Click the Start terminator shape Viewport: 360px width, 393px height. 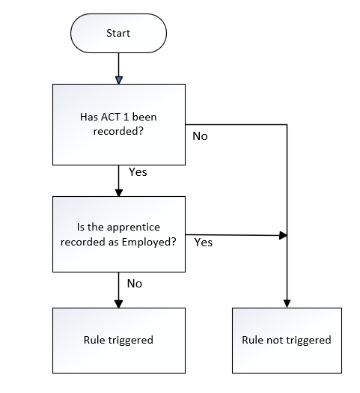(118, 33)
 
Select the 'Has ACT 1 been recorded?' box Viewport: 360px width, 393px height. (119, 124)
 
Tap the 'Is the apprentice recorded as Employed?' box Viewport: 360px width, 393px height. (119, 234)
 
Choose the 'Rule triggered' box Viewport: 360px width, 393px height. (119, 341)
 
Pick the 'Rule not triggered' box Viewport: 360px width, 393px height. (287, 341)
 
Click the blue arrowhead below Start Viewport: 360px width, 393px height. (119, 80)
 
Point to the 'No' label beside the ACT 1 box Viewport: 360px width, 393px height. (200, 136)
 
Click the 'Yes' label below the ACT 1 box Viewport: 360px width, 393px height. (138, 172)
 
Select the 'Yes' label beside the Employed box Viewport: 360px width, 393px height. (204, 243)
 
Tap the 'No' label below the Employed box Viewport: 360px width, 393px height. (135, 284)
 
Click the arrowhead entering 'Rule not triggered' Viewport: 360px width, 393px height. (287, 304)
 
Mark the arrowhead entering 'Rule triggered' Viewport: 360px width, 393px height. (119, 304)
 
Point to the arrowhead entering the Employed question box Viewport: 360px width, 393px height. (119, 192)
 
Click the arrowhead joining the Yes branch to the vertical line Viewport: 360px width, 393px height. (283, 235)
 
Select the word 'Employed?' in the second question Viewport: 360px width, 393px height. (149, 242)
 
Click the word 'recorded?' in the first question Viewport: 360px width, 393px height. (118, 131)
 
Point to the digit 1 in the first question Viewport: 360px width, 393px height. (126, 117)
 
